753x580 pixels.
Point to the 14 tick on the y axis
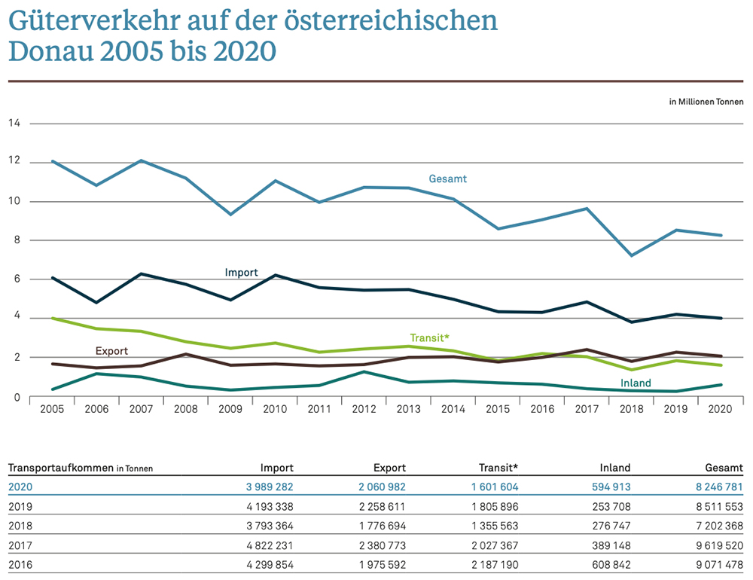pyautogui.click(x=14, y=123)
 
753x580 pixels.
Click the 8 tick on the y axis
pyautogui.click(x=14, y=240)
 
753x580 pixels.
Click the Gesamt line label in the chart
pyautogui.click(x=448, y=179)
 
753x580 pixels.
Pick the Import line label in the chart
pyautogui.click(x=242, y=273)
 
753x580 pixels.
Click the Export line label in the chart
pyautogui.click(x=111, y=351)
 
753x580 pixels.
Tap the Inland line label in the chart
pyautogui.click(x=636, y=383)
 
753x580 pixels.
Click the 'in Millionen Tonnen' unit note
pyautogui.click(x=706, y=102)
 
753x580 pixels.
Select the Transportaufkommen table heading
pyautogui.click(x=60, y=468)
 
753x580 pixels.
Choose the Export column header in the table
pyautogui.click(x=389, y=468)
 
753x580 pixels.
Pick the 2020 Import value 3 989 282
pyautogui.click(x=262, y=487)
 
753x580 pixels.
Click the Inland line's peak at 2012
pyautogui.click(x=364, y=371)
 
